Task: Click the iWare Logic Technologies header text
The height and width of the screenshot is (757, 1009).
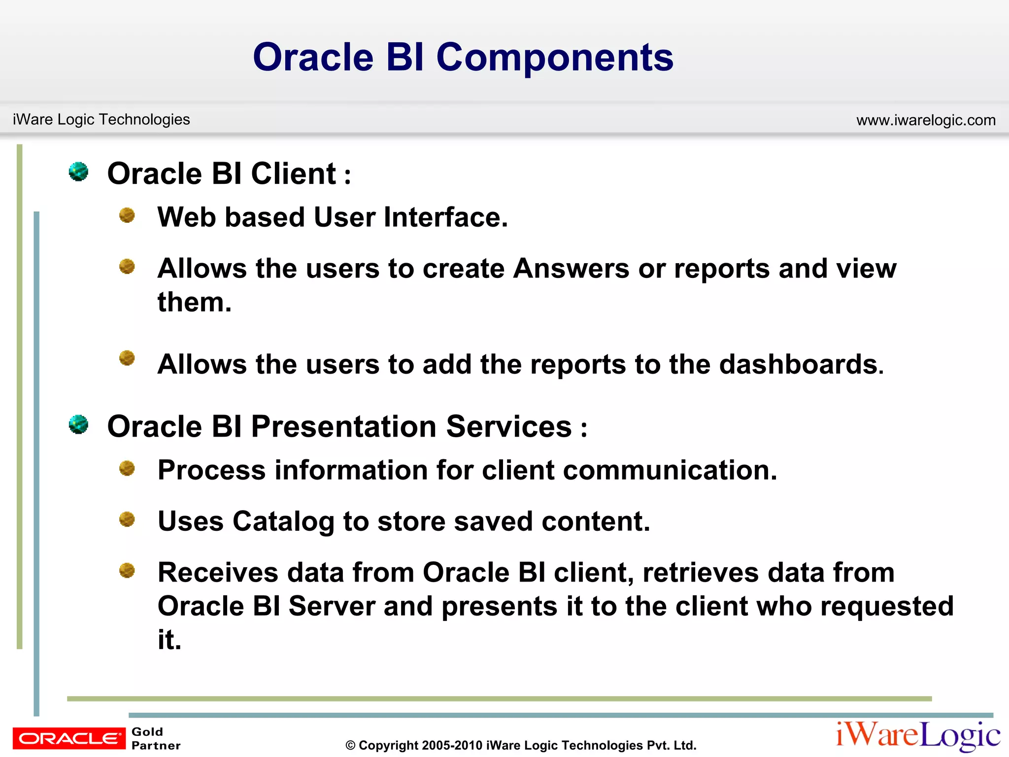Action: coord(101,119)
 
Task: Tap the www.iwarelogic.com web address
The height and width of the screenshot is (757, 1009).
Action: coord(926,120)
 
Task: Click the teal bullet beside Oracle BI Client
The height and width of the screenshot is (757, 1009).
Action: coord(78,172)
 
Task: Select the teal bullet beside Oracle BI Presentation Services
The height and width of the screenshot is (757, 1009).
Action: coord(78,424)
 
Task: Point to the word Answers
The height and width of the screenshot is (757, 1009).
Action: coord(571,269)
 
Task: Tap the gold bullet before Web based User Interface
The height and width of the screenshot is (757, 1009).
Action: coord(127,215)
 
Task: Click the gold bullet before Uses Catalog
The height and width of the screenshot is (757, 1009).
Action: coord(127,519)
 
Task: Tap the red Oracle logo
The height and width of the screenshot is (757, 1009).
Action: coord(69,738)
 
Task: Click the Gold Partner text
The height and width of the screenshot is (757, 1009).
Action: coord(155,738)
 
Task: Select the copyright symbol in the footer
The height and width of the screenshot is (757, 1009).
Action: coord(350,746)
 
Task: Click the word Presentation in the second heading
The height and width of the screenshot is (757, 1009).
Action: coord(343,426)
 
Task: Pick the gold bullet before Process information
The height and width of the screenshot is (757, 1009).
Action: coord(127,468)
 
